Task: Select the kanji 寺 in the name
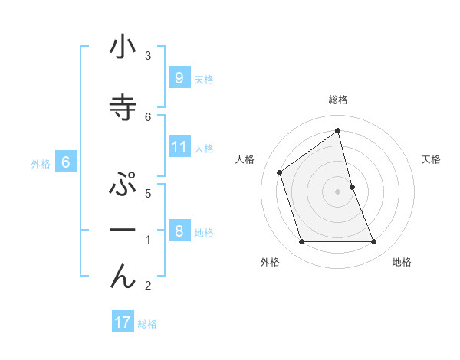tap(123, 108)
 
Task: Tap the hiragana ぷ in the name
tap(123, 186)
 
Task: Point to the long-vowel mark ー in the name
tap(123, 230)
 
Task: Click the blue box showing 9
tap(179, 77)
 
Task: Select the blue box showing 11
tap(179, 146)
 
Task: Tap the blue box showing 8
tap(179, 231)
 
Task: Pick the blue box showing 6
tap(66, 162)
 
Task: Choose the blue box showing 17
tap(123, 322)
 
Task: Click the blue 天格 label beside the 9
tap(204, 79)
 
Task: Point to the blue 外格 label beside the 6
tap(41, 163)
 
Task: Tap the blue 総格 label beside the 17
tap(147, 324)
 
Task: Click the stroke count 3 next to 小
tap(148, 55)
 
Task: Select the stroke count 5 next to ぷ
tap(148, 193)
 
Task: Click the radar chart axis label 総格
tap(337, 100)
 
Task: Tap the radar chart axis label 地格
tap(402, 262)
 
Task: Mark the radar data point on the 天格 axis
tap(352, 187)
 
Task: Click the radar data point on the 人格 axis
tap(280, 172)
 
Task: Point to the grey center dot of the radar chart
tap(337, 191)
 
